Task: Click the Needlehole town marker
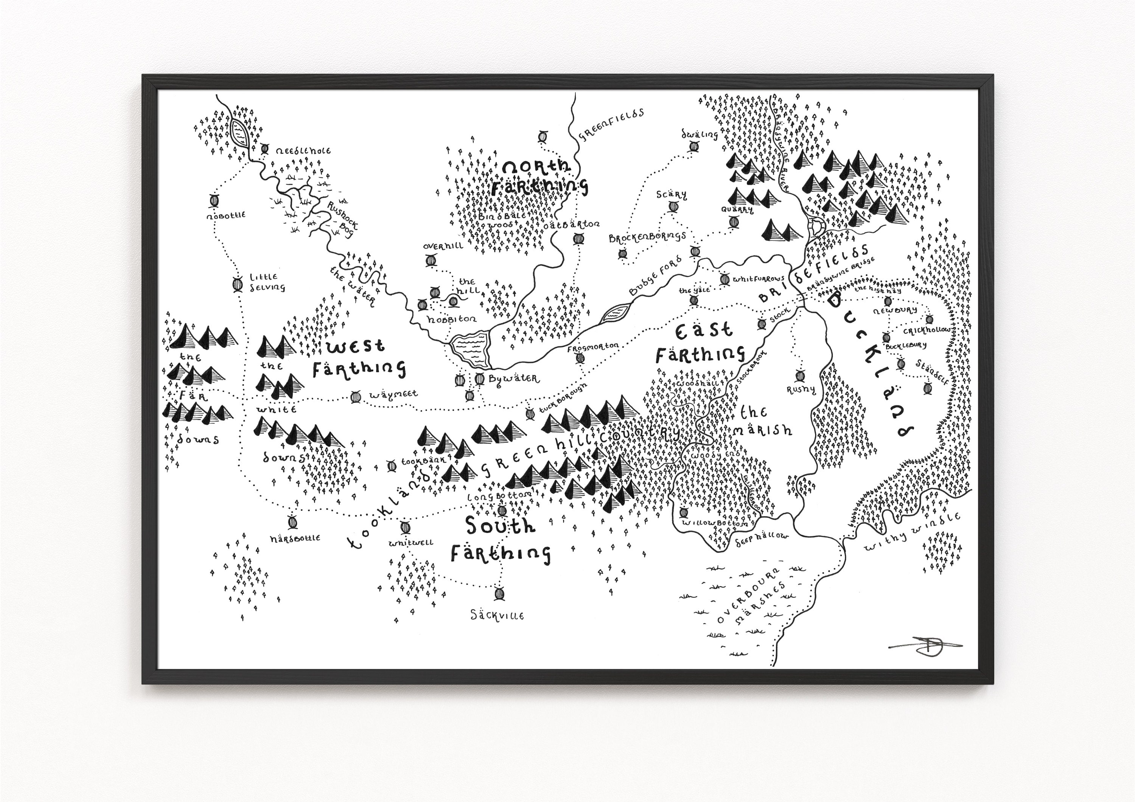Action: (265, 148)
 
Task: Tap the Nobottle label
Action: (226, 216)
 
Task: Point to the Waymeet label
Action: (393, 394)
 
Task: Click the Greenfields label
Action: (611, 124)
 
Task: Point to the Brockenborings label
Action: (647, 237)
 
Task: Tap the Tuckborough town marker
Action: (530, 414)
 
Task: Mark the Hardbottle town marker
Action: (292, 522)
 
